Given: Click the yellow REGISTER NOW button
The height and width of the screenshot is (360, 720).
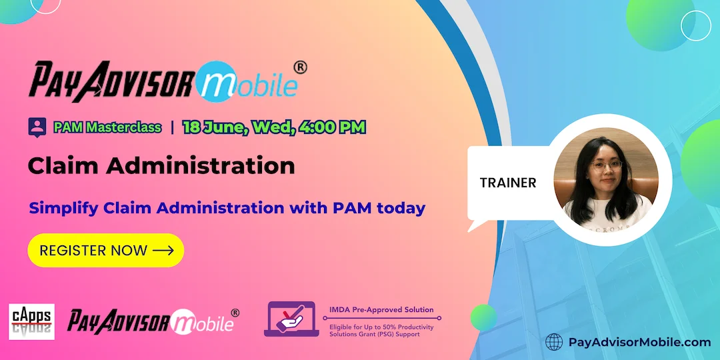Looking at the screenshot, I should (x=105, y=251).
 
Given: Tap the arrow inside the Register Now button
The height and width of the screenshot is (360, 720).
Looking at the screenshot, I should (x=163, y=251).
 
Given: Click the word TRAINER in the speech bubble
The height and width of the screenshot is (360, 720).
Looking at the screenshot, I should (x=508, y=183).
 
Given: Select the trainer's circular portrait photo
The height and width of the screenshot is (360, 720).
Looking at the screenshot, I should (x=606, y=179).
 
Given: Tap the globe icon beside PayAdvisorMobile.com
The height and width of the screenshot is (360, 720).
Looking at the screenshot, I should (x=554, y=342).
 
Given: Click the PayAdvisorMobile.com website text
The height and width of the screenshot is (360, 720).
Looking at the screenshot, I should (x=639, y=342).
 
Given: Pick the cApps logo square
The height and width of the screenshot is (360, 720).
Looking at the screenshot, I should (x=31, y=321).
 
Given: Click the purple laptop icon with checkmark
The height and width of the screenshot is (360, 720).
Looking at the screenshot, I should (x=291, y=319).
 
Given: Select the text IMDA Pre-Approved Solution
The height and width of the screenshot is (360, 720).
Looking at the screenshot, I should (x=381, y=310).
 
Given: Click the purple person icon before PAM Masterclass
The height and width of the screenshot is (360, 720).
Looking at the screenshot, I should (x=37, y=127).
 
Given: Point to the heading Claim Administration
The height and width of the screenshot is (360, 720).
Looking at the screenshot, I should (x=161, y=165).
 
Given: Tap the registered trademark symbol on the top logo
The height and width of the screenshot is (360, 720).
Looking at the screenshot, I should (x=301, y=67).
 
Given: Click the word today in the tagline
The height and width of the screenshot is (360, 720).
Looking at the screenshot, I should (x=401, y=208).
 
